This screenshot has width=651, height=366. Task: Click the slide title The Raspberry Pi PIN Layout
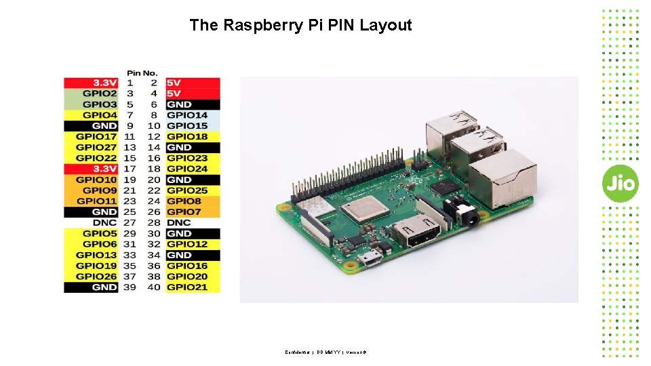[x=300, y=26]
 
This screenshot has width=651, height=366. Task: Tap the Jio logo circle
[x=620, y=183]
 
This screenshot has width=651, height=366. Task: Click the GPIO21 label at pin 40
[x=187, y=287]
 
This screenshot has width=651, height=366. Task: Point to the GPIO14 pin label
[x=187, y=115]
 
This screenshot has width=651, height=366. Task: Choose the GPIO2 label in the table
[x=100, y=94]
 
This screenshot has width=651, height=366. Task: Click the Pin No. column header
[x=142, y=73]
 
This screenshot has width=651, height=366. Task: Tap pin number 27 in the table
[x=130, y=222]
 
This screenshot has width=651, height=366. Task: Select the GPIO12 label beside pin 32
[x=187, y=244]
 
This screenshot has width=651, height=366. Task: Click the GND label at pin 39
[x=104, y=287]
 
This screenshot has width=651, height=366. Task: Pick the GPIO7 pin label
[x=184, y=212]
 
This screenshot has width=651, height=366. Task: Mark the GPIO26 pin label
[x=96, y=276]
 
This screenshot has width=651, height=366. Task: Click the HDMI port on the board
[x=415, y=235]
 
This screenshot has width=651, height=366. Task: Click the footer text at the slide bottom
[x=325, y=352]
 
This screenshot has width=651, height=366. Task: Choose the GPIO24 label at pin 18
[x=187, y=169]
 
